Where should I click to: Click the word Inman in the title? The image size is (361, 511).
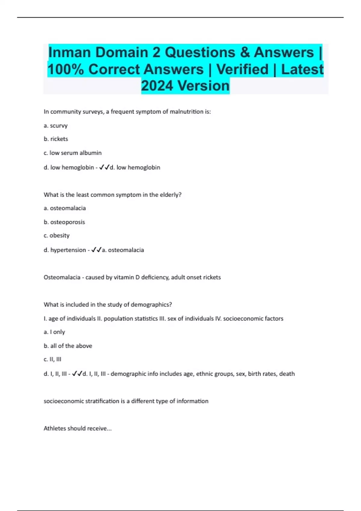click(x=69, y=53)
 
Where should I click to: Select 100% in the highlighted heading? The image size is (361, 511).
click(x=66, y=69)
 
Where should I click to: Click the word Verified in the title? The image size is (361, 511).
click(x=242, y=69)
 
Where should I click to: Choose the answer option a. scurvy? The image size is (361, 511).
click(x=56, y=126)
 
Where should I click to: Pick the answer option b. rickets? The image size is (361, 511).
click(x=56, y=139)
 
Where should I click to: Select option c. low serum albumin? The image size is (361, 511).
click(x=73, y=153)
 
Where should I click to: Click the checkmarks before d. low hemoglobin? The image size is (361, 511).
click(x=104, y=167)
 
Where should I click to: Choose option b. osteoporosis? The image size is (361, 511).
click(x=64, y=222)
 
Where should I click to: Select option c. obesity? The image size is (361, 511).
click(x=57, y=235)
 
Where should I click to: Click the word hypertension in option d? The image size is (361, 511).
click(x=68, y=250)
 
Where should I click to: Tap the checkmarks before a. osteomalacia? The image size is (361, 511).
click(x=96, y=250)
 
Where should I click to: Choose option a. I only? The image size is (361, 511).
click(x=54, y=332)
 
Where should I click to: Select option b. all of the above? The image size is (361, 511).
click(x=68, y=346)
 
